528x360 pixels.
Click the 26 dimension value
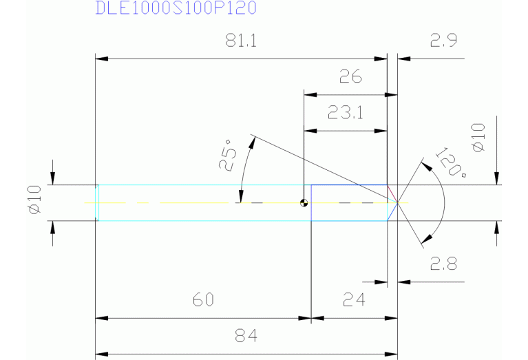click(350, 76)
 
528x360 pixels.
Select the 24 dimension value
click(353, 300)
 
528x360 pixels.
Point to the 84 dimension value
click(245, 336)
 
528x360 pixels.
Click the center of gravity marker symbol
click(303, 203)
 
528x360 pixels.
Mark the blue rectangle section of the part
click(348, 203)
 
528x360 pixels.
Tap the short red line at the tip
click(392, 193)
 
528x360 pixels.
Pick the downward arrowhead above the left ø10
click(53, 180)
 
